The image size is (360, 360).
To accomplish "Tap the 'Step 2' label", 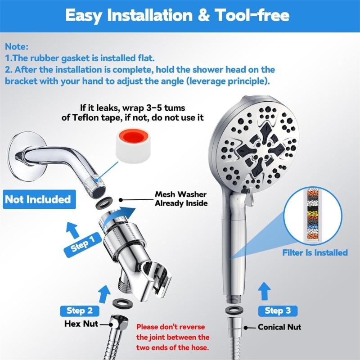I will point(80,310).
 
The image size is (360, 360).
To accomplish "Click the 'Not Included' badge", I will point(38,199).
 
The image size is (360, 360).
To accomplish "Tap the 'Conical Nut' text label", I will point(279,327).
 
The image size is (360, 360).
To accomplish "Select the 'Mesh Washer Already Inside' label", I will point(180,199).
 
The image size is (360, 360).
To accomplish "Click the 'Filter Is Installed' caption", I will point(315,252).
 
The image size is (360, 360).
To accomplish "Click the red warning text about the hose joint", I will point(172,336).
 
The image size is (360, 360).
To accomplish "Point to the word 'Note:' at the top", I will point(17,46).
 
